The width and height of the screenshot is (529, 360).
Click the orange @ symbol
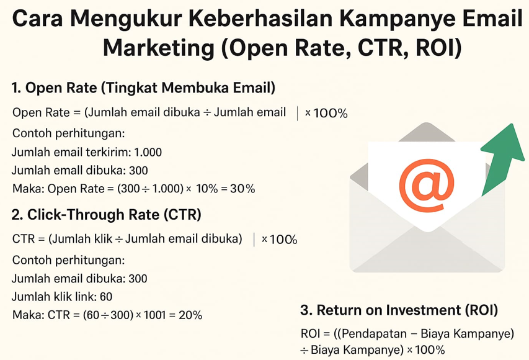point(427,184)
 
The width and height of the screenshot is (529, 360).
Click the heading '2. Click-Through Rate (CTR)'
point(106,215)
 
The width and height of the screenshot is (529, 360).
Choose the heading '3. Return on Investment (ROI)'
point(399,310)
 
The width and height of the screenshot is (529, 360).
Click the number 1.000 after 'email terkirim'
point(148,152)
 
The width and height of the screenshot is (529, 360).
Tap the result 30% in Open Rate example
point(242,189)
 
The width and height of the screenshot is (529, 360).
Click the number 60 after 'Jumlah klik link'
point(105,297)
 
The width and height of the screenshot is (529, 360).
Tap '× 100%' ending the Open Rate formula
point(326,114)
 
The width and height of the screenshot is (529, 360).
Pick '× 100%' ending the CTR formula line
point(279,240)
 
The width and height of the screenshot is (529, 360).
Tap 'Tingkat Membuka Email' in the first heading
point(190,88)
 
